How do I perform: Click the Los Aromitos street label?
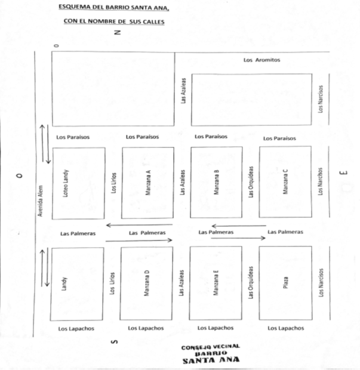261,60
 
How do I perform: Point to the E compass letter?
343,174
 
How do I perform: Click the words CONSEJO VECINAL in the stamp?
211,347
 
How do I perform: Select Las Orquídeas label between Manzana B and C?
251,183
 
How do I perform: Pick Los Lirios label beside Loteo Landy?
113,184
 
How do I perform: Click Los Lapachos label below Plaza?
285,328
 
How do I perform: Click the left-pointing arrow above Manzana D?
139,225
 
